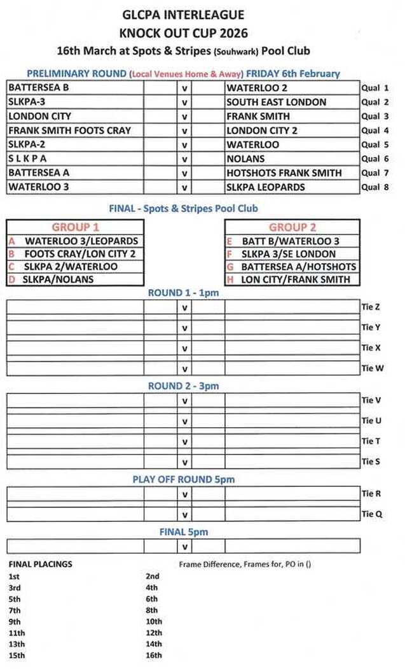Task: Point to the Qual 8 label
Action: coord(374,187)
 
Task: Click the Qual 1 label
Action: coord(374,88)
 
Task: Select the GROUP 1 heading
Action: coord(75,227)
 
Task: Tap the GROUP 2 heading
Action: coord(292,227)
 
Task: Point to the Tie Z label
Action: coord(371,307)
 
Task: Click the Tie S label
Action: coord(371,461)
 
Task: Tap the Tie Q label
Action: coord(371,514)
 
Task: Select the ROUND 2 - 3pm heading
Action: coord(183,386)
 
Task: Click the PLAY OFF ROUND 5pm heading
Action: coord(183,479)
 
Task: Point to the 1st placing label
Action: coord(14,576)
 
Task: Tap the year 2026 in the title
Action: coord(231,33)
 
